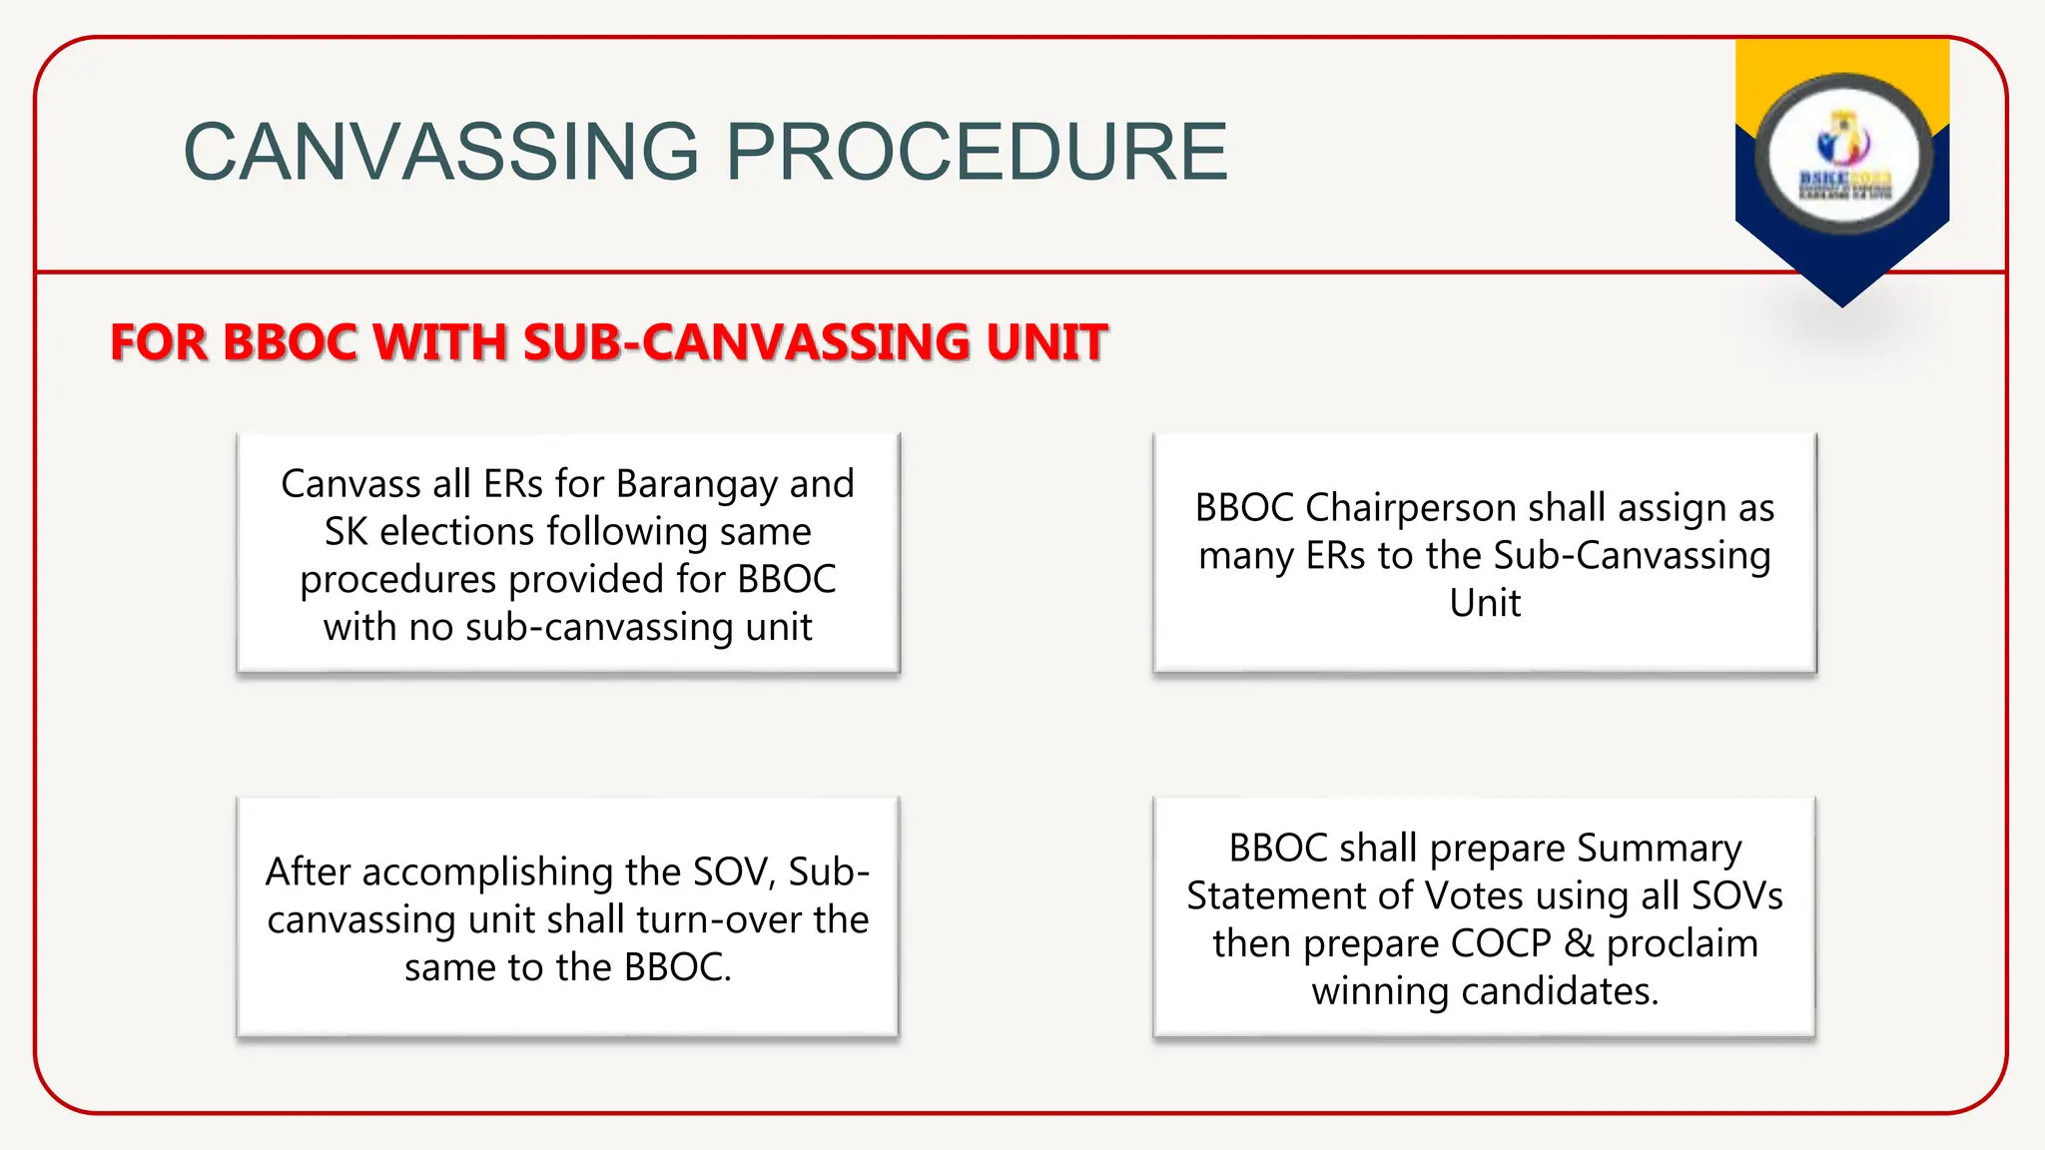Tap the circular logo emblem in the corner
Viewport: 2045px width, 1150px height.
1843,155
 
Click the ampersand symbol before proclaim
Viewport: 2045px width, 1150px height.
1579,944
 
